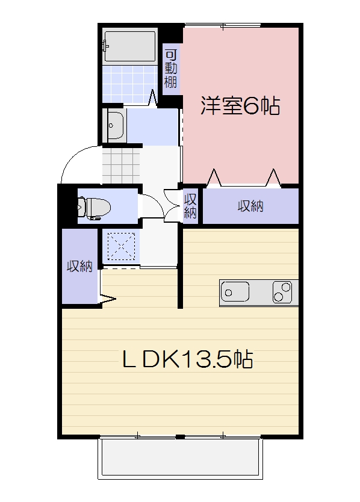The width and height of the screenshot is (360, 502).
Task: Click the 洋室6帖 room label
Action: pyautogui.click(x=240, y=106)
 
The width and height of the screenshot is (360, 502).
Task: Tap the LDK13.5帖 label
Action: pyautogui.click(x=187, y=359)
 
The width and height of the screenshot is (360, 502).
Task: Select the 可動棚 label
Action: pyautogui.click(x=171, y=67)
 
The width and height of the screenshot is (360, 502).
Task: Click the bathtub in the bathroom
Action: pyautogui.click(x=129, y=46)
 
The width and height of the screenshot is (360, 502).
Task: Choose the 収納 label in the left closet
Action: pyautogui.click(x=79, y=266)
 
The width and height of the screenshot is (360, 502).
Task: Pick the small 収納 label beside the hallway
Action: pyautogui.click(x=190, y=206)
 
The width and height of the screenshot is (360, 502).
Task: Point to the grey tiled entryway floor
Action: pyautogui.click(x=120, y=165)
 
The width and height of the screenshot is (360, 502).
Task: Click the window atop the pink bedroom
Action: pyautogui.click(x=223, y=25)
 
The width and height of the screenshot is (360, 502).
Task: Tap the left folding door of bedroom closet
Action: pyautogui.click(x=213, y=178)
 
